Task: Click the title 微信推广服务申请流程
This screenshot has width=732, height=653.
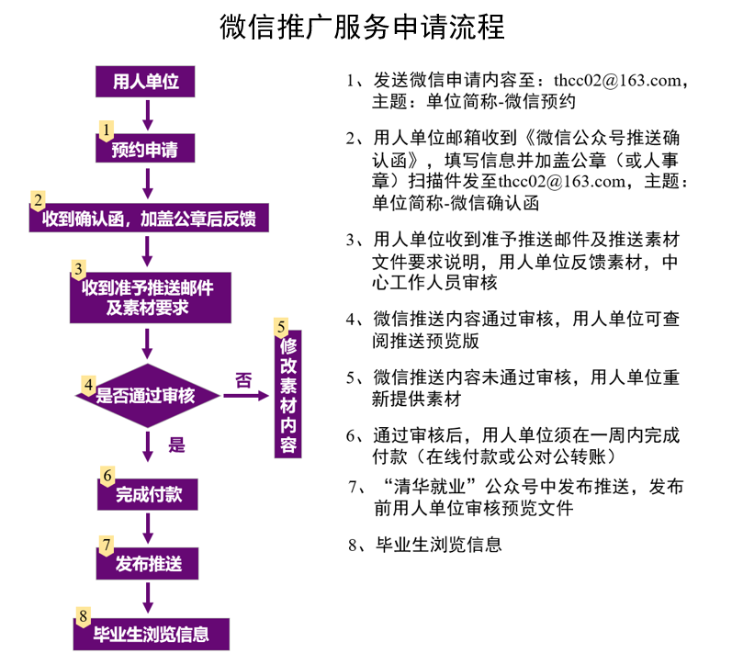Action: (x=362, y=27)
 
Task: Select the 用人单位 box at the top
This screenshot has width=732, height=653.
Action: (x=145, y=82)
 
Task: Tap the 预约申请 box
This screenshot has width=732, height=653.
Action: (x=145, y=149)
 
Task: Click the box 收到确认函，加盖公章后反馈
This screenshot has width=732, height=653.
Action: (x=149, y=218)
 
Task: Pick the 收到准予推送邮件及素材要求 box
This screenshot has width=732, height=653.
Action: (x=151, y=298)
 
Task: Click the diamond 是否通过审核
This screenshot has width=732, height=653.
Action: (x=148, y=396)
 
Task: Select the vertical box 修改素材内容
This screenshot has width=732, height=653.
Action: (x=288, y=394)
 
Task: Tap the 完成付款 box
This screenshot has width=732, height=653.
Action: (x=148, y=494)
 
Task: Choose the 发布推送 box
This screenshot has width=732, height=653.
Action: (x=148, y=563)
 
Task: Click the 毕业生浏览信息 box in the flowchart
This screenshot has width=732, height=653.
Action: (x=152, y=634)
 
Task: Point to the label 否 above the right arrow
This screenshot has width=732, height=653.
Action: (x=243, y=380)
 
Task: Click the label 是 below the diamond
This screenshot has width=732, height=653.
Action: (x=176, y=445)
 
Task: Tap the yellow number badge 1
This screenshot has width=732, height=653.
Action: (x=106, y=130)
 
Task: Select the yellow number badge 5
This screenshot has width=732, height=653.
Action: (x=281, y=328)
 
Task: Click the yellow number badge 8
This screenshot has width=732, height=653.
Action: (x=83, y=616)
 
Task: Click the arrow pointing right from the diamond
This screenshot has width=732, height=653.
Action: (x=246, y=396)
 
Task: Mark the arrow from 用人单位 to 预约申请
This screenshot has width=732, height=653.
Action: (x=148, y=116)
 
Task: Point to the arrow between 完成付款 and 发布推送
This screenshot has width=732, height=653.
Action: (x=148, y=528)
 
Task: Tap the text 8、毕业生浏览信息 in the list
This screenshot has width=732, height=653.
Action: (x=425, y=545)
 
